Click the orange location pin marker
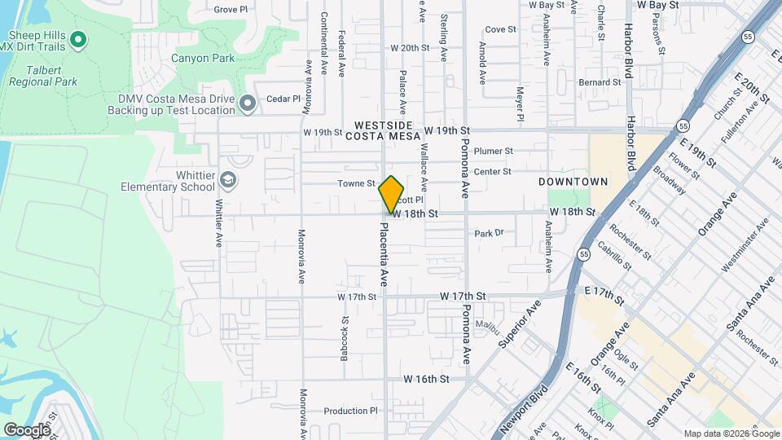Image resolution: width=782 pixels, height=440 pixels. tap(391, 195)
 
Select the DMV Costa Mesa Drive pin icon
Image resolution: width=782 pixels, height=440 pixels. tap(248, 103)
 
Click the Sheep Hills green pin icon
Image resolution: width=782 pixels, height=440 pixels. tap(78, 38)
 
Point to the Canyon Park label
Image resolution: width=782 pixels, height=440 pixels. tap(203, 58)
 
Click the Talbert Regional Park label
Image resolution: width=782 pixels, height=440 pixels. tap(43, 81)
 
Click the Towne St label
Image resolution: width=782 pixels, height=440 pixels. tap(356, 184)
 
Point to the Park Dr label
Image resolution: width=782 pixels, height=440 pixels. tap(490, 233)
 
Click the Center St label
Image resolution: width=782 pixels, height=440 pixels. tap(492, 171)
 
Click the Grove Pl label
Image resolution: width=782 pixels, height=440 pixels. tap(231, 10)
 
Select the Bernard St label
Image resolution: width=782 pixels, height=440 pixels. tap(600, 82)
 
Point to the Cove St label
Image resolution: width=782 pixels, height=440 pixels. tap(501, 29)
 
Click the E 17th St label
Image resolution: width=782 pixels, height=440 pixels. tap(603, 291)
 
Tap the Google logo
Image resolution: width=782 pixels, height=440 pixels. tap(26, 429)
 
